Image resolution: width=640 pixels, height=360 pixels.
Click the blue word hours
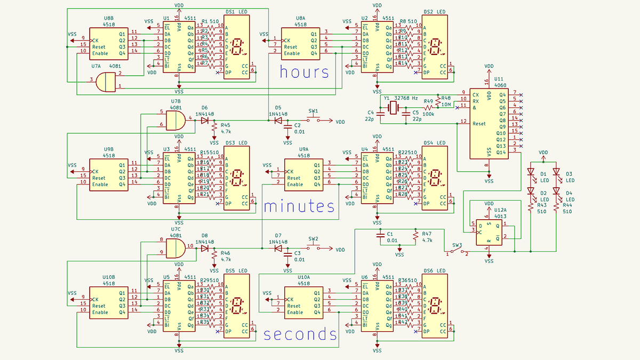click(304, 72)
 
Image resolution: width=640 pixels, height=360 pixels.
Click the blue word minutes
click(299, 206)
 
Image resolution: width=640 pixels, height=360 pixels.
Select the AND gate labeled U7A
click(108, 82)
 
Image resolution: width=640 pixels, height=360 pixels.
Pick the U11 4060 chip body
click(489, 123)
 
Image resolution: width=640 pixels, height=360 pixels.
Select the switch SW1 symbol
click(314, 121)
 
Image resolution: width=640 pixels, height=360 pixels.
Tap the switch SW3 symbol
click(457, 251)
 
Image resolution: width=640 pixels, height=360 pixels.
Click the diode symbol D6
click(205, 121)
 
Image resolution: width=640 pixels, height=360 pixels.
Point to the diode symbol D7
click(278, 248)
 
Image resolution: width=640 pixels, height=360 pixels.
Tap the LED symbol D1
click(531, 173)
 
